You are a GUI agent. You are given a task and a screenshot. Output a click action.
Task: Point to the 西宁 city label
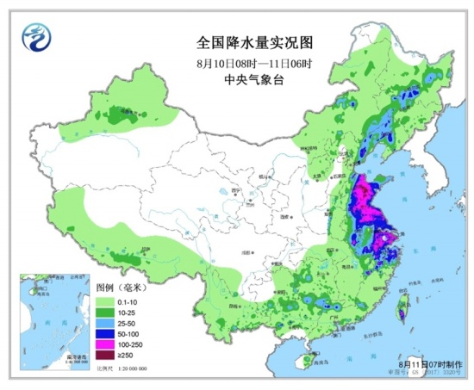(234, 192)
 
